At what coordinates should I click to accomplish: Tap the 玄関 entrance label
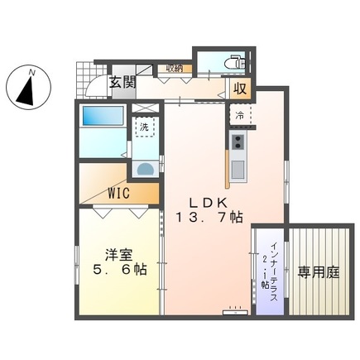click(x=122, y=83)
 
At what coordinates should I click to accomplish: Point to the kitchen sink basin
click(x=238, y=169)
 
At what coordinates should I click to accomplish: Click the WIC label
click(x=122, y=193)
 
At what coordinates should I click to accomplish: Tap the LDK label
click(x=209, y=201)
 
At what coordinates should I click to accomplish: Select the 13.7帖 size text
click(x=209, y=218)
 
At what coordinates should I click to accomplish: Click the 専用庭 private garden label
click(x=319, y=271)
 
